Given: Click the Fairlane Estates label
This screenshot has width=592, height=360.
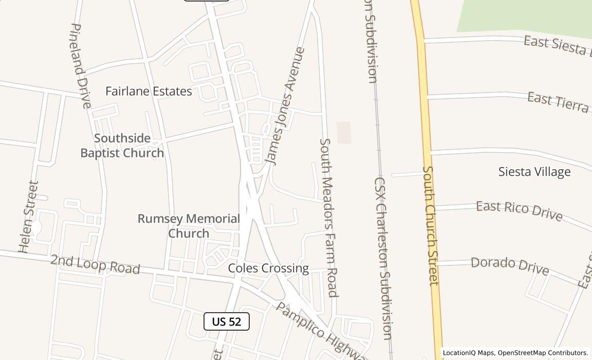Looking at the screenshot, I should pyautogui.click(x=149, y=91).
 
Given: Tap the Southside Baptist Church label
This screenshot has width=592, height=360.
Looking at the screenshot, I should pyautogui.click(x=122, y=146).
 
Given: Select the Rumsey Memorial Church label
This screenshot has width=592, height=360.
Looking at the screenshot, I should pyautogui.click(x=189, y=226).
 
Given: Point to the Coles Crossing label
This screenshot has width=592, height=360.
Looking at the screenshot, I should pyautogui.click(x=268, y=268).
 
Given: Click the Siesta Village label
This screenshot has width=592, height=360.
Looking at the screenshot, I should pyautogui.click(x=534, y=172).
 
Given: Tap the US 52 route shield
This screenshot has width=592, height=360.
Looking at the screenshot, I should pyautogui.click(x=227, y=321).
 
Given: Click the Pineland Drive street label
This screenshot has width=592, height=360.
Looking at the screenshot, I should pyautogui.click(x=80, y=66).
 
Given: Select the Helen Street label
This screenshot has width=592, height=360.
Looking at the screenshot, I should pyautogui.click(x=29, y=217).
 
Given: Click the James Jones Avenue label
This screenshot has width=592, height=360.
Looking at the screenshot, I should pyautogui.click(x=286, y=106).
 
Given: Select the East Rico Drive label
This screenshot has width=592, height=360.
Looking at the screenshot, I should pyautogui.click(x=519, y=210).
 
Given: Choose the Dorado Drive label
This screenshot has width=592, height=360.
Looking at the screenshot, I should pyautogui.click(x=510, y=265).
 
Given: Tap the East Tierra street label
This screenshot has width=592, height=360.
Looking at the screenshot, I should pyautogui.click(x=558, y=101).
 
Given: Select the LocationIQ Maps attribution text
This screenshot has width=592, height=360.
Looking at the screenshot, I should pyautogui.click(x=515, y=353).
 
